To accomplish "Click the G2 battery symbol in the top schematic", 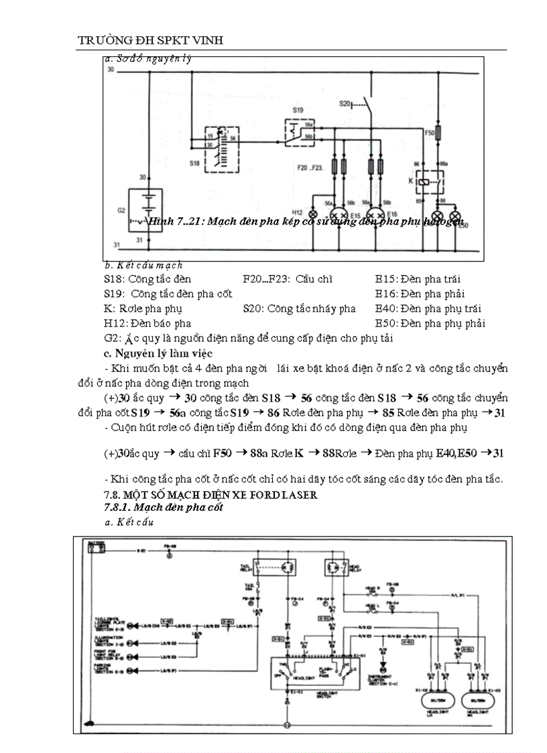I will tap(147, 207).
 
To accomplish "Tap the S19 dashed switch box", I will tap(300, 133).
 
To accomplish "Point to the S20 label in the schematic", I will tap(345, 104).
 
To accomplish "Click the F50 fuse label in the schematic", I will tap(429, 133).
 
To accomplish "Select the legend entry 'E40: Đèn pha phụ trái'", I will tap(428, 308).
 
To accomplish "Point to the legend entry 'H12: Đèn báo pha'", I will tap(143, 323).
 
